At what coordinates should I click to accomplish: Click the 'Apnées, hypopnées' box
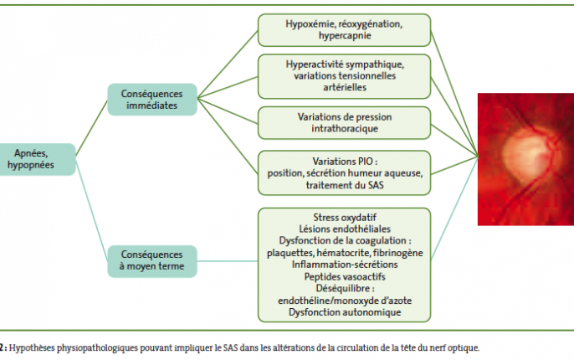pyautogui.click(x=37, y=159)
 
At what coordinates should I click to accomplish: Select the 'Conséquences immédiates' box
pyautogui.click(x=152, y=100)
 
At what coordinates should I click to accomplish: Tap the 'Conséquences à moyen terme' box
pyautogui.click(x=152, y=260)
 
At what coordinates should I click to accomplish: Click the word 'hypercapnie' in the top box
pyautogui.click(x=345, y=35)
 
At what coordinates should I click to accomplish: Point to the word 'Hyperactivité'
pyautogui.click(x=314, y=64)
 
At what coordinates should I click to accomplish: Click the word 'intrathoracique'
pyautogui.click(x=345, y=129)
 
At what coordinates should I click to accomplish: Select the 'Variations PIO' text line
pyautogui.click(x=345, y=162)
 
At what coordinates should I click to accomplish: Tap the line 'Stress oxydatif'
pyautogui.click(x=345, y=218)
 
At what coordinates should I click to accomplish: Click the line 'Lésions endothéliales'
pyautogui.click(x=345, y=229)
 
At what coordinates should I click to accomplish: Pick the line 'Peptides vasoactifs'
pyautogui.click(x=345, y=276)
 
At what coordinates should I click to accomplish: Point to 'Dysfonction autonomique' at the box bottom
pyautogui.click(x=345, y=312)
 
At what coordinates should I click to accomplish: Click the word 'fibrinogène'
pyautogui.click(x=398, y=253)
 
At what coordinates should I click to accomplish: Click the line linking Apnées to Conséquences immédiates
pyautogui.click(x=91, y=128)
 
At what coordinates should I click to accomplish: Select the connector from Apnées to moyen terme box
pyautogui.click(x=91, y=210)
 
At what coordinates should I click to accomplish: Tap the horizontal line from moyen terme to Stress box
pyautogui.click(x=228, y=261)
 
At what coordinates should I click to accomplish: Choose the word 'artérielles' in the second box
pyautogui.click(x=345, y=88)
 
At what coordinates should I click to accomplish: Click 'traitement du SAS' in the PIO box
pyautogui.click(x=345, y=185)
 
